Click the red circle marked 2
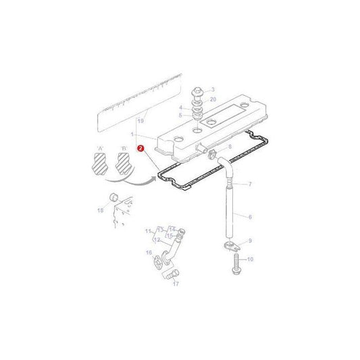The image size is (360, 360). click(140, 147)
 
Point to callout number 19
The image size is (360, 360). click(141, 120)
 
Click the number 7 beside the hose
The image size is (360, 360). click(249, 184)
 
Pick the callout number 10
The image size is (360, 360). click(249, 259)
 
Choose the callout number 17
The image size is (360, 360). click(176, 284)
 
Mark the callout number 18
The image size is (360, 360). click(101, 211)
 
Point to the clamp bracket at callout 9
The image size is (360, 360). click(230, 244)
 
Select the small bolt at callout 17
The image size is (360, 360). click(171, 273)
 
